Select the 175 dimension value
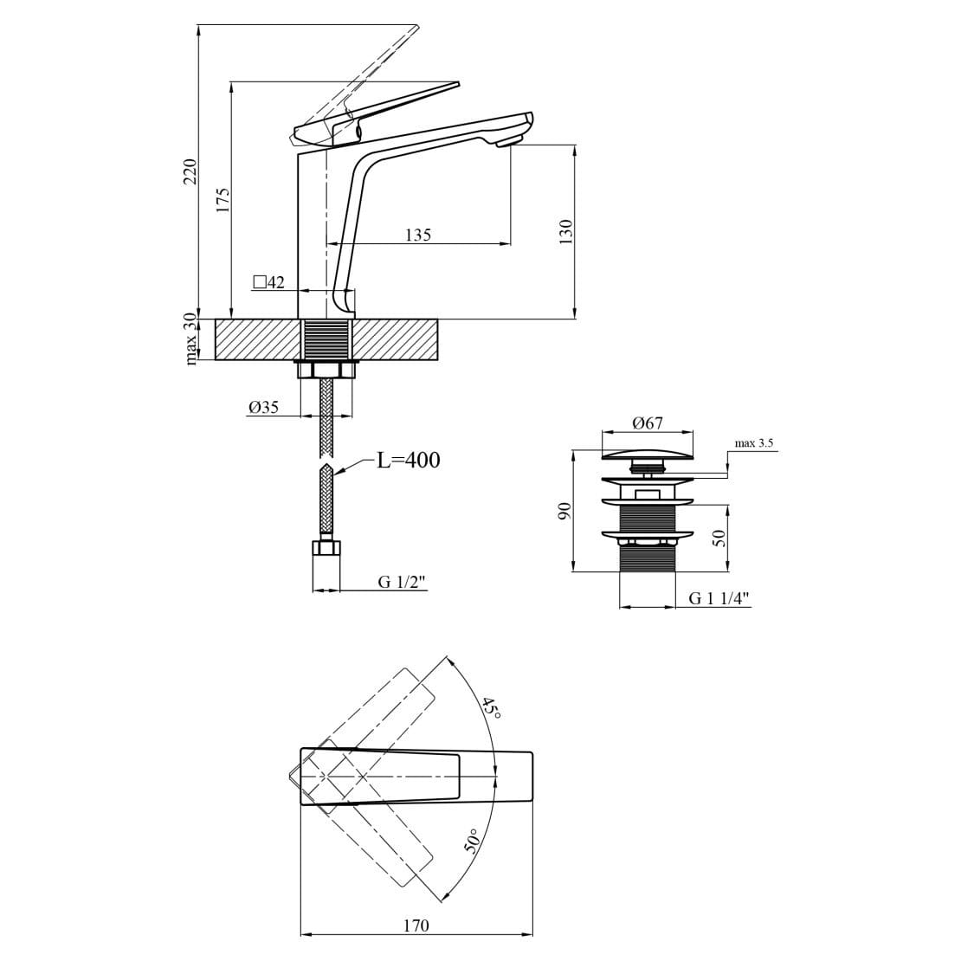click(223, 199)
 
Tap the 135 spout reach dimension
click(417, 235)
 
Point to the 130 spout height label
click(565, 231)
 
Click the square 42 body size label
click(268, 282)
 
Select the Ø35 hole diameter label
click(263, 407)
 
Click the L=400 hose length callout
click(408, 461)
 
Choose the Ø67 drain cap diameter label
click(648, 423)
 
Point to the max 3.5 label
click(753, 443)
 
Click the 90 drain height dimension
click(564, 510)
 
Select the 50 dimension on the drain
click(718, 537)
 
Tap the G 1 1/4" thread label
click(719, 598)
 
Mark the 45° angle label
click(491, 709)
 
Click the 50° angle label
click(472, 841)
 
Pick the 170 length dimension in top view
click(416, 926)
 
